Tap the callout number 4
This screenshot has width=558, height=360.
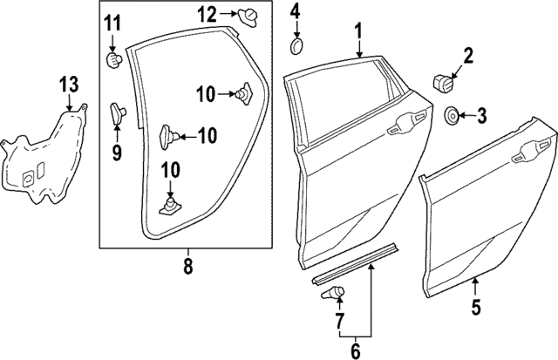pyautogui.click(x=295, y=12)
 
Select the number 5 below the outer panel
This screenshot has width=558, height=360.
pyautogui.click(x=475, y=307)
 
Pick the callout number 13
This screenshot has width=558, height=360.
pyautogui.click(x=69, y=85)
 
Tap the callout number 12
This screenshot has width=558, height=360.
pyautogui.click(x=206, y=13)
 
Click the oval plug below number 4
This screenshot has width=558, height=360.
pyautogui.click(x=296, y=45)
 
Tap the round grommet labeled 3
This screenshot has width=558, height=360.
pyautogui.click(x=453, y=115)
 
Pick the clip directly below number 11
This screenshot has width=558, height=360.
pyautogui.click(x=112, y=60)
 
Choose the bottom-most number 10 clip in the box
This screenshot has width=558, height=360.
pyautogui.click(x=171, y=206)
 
